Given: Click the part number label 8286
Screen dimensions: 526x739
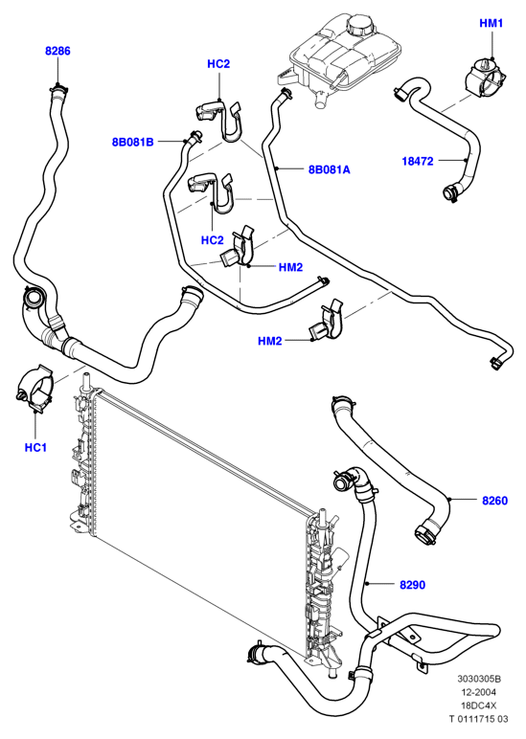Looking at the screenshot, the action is (57, 51).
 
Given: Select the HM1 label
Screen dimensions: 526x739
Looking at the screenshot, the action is (492, 23).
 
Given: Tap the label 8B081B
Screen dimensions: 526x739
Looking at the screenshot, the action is (132, 142).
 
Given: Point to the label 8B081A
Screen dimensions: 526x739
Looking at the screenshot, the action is (330, 169).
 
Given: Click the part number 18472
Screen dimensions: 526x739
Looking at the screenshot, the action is (418, 161).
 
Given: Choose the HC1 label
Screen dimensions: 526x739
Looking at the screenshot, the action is (35, 447).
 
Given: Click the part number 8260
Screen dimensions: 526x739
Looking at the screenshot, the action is (495, 501).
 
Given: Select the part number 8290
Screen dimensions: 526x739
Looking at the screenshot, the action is (412, 585).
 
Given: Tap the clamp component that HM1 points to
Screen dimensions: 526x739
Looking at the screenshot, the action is (486, 78).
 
